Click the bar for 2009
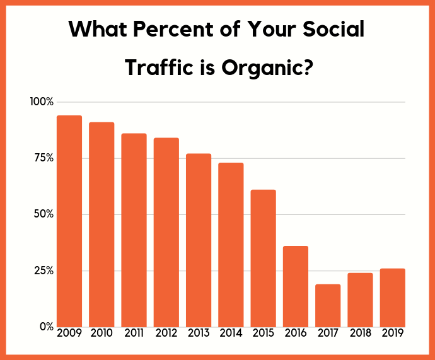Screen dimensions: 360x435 [x=69, y=221]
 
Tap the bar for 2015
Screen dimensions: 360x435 [x=264, y=258]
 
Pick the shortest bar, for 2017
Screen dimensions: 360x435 [x=328, y=305]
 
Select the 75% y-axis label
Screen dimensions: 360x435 [x=43, y=158]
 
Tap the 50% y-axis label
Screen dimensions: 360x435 [x=43, y=214]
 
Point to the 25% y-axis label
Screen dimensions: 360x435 [x=43, y=270]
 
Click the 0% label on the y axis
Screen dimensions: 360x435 [x=45, y=327]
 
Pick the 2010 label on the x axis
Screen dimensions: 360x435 [x=101, y=333]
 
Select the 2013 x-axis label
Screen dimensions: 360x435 [x=199, y=333]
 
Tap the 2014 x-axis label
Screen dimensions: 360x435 [x=231, y=333]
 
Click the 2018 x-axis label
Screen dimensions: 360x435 [x=360, y=333]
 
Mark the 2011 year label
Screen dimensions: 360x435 [x=134, y=333]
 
